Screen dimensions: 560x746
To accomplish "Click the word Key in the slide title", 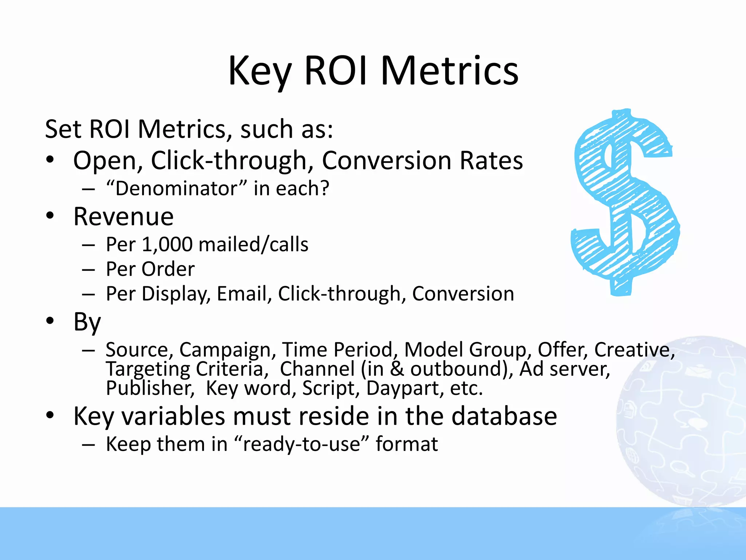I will (x=259, y=71).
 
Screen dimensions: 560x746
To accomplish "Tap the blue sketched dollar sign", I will (x=624, y=202).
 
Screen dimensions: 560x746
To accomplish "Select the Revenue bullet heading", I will (x=123, y=217).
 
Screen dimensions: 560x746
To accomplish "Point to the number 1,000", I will (x=167, y=245).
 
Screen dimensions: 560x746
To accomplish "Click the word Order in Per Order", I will (x=168, y=269).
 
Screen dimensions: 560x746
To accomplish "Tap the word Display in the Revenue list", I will (x=176, y=294).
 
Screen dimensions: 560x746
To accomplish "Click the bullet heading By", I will (x=87, y=322).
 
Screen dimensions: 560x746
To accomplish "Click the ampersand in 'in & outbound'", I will (x=397, y=369).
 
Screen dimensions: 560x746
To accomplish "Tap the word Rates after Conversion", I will (x=491, y=160).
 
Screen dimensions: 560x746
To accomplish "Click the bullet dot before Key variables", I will (x=50, y=415).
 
